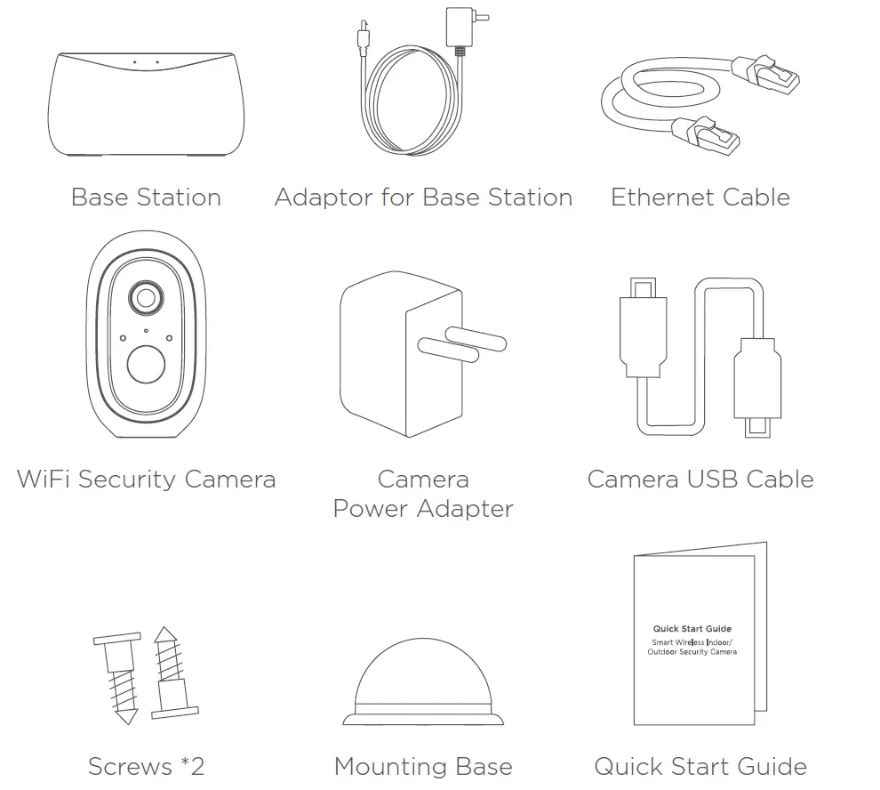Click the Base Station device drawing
click(146, 104)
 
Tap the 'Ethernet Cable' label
click(700, 197)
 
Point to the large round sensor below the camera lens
click(145, 365)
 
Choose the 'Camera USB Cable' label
click(700, 479)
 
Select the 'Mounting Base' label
click(423, 766)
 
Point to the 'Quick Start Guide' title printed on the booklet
click(692, 629)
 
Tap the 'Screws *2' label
click(146, 766)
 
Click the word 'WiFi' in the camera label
click(43, 479)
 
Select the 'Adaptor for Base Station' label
click(423, 197)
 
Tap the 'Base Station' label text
click(146, 197)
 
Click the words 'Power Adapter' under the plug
click(423, 509)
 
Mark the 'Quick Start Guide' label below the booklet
click(700, 766)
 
